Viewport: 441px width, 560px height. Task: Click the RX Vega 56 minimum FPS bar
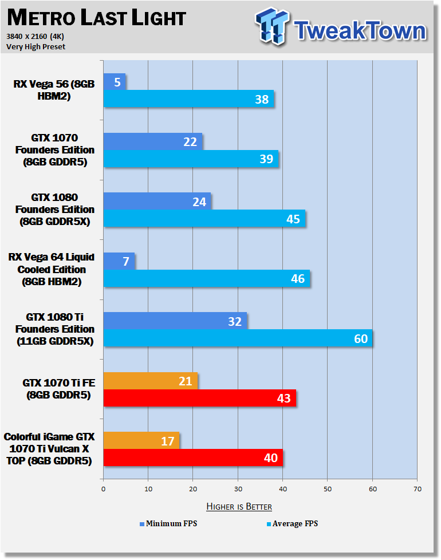tap(115, 82)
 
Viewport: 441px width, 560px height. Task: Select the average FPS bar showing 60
tap(238, 338)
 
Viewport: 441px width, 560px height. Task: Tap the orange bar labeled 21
tap(150, 381)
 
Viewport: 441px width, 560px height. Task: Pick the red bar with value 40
tap(193, 458)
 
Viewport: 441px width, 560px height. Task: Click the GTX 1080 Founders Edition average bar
tap(204, 218)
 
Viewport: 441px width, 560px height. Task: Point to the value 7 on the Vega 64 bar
tap(126, 262)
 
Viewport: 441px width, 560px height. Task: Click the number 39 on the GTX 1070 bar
tap(266, 159)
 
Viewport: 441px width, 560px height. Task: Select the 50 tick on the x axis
tap(328, 489)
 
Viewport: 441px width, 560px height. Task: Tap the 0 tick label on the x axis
tap(104, 489)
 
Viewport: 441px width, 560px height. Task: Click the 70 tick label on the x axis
tap(418, 489)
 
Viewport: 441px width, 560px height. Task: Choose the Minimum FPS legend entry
tap(168, 523)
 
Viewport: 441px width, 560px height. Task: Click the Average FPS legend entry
tap(292, 523)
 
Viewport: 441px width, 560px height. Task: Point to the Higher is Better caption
tap(239, 506)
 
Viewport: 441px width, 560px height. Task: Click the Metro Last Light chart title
tap(96, 18)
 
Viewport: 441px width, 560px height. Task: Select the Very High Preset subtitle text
tap(36, 47)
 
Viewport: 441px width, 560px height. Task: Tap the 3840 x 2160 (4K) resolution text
tap(35, 37)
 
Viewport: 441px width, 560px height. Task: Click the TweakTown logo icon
tap(272, 26)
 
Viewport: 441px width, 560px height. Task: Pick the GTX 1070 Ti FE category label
tap(58, 389)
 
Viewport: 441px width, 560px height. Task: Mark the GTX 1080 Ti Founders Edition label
tap(55, 329)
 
